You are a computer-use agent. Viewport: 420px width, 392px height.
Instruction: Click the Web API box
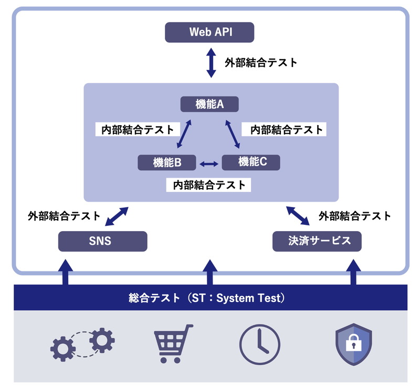(x=209, y=32)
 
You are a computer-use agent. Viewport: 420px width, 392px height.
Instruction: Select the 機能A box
(x=209, y=104)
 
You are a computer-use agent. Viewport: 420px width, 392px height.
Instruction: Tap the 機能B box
(x=167, y=162)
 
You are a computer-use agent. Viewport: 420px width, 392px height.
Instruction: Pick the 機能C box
(x=251, y=162)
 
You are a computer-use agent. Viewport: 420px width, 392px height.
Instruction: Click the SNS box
(x=102, y=241)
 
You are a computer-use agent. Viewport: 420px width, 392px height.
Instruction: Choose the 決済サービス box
(x=318, y=241)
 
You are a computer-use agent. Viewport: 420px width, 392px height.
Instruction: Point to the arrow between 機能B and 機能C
(x=209, y=164)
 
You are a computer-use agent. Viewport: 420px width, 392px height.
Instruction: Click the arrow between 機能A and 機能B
(x=183, y=134)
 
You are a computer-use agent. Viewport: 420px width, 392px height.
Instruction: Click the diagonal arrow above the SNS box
(x=117, y=215)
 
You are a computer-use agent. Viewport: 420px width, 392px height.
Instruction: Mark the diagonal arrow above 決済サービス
(x=298, y=215)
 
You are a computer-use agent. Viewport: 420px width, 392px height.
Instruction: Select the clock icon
(x=260, y=344)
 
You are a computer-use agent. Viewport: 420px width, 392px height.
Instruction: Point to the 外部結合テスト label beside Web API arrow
(x=261, y=62)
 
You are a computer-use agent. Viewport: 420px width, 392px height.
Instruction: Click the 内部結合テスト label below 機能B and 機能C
(x=209, y=184)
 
